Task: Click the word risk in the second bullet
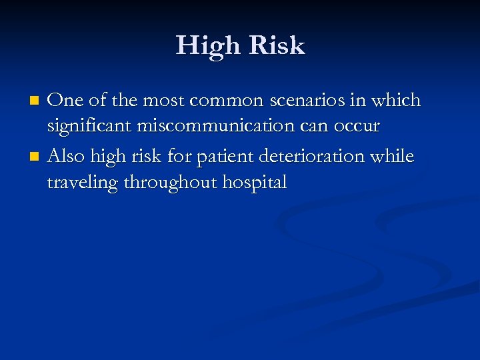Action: pyautogui.click(x=150, y=157)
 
